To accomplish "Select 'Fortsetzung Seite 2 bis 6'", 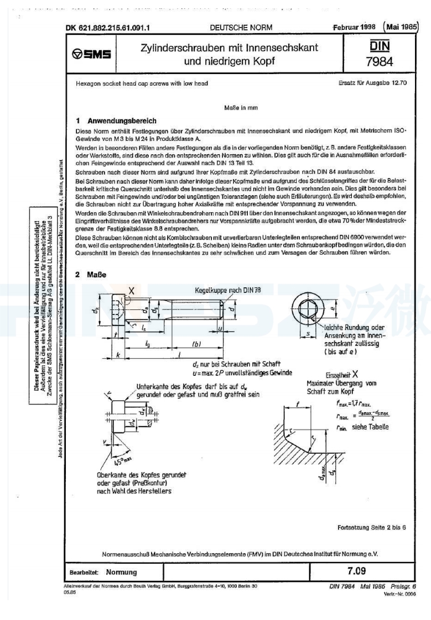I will [x=371, y=527].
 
